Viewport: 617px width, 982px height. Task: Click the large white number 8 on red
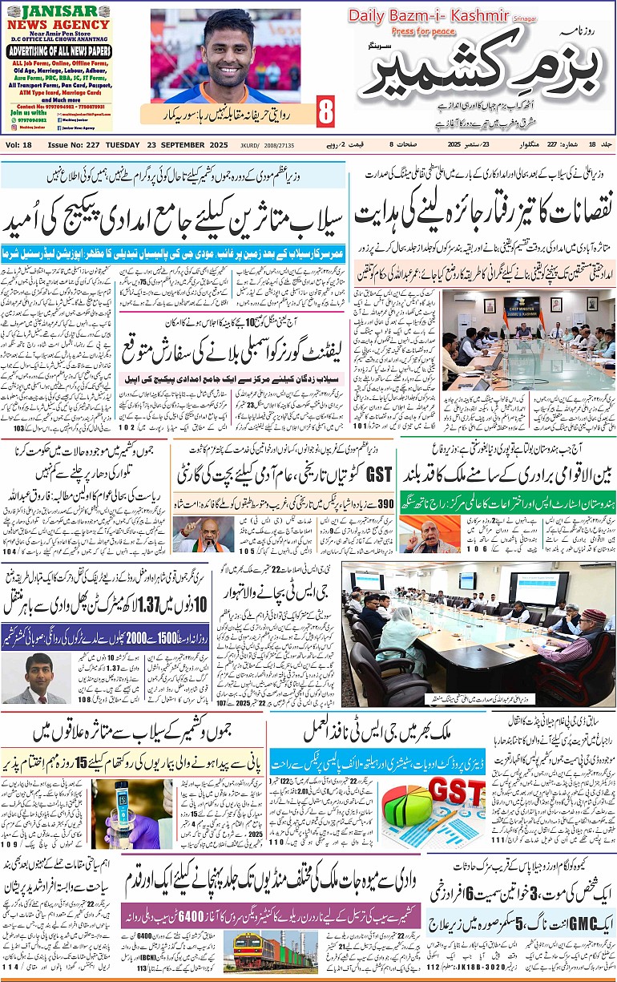[x=325, y=112]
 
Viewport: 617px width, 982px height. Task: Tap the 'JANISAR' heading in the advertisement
[x=58, y=11]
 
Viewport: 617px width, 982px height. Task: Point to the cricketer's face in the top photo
[x=228, y=45]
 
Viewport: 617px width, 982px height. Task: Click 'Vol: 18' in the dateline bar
[x=18, y=144]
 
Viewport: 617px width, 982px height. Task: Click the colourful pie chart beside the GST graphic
[x=406, y=803]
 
